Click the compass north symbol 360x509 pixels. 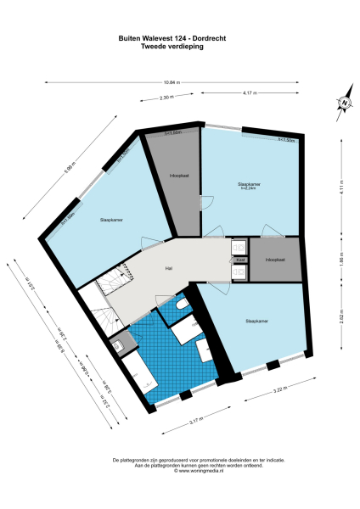345,103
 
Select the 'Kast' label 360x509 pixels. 240,259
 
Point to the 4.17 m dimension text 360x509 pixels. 250,92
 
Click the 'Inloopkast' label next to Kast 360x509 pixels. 274,259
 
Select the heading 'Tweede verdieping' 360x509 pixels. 172,47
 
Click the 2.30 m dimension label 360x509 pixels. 166,98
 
